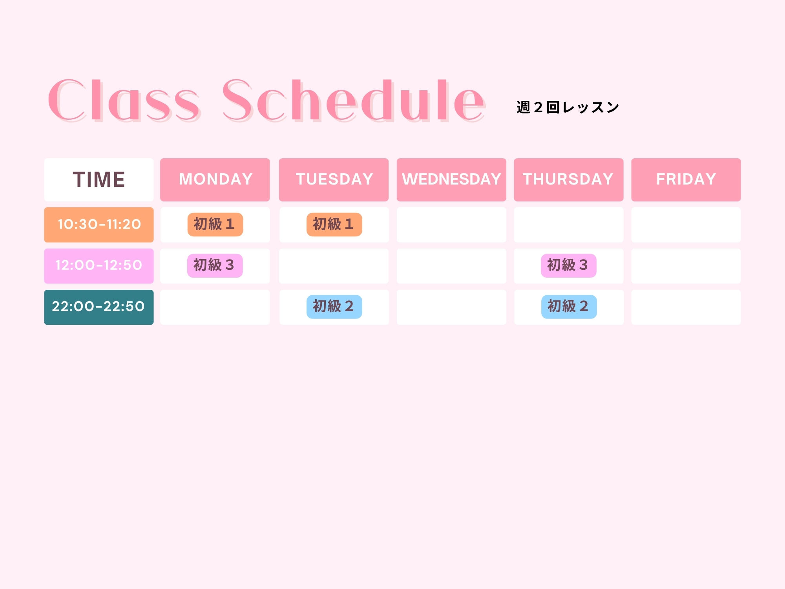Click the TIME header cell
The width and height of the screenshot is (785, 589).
pyautogui.click(x=99, y=179)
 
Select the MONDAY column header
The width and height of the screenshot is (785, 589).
pyautogui.click(x=215, y=179)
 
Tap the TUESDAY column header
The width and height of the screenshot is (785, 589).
pyautogui.click(x=334, y=179)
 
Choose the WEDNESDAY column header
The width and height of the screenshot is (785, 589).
pyautogui.click(x=451, y=179)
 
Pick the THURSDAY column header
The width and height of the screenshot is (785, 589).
pyautogui.click(x=568, y=179)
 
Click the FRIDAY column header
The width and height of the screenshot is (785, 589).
pyautogui.click(x=686, y=179)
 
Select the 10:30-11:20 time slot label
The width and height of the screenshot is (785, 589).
pyautogui.click(x=99, y=225)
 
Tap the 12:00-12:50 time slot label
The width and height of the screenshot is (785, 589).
pyautogui.click(x=99, y=265)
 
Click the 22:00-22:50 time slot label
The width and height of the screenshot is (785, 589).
pyautogui.click(x=99, y=307)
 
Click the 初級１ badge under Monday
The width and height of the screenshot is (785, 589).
pyautogui.click(x=215, y=225)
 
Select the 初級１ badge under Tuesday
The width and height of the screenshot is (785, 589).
pyautogui.click(x=334, y=225)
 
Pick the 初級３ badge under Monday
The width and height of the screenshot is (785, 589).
pyautogui.click(x=215, y=265)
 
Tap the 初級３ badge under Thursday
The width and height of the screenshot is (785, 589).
pyautogui.click(x=568, y=265)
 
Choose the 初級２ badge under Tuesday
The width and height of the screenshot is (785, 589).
pyautogui.click(x=334, y=307)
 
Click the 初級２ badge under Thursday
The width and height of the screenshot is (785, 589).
pyautogui.click(x=569, y=307)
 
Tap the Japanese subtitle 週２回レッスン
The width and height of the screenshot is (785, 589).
pyautogui.click(x=568, y=107)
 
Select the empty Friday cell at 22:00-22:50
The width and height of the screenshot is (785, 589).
pyautogui.click(x=686, y=307)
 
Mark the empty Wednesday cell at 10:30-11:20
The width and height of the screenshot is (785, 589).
pyautogui.click(x=451, y=225)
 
